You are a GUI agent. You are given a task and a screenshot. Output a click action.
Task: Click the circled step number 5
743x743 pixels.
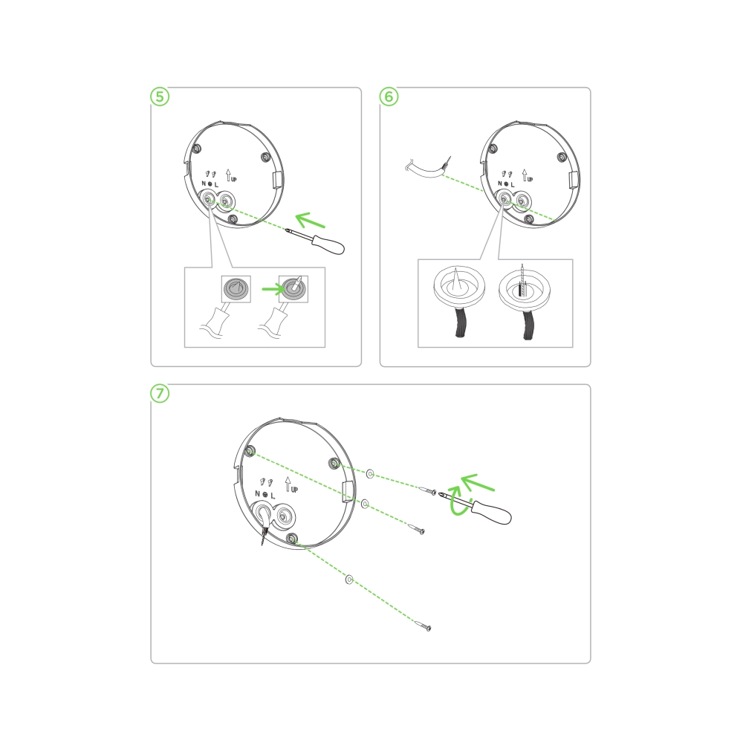[x=160, y=97]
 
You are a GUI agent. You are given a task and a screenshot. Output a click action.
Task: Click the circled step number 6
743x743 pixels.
[x=389, y=97]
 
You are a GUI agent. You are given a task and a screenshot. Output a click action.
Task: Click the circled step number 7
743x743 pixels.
[x=160, y=394]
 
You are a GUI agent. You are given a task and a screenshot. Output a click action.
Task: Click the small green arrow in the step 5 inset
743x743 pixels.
[x=273, y=288]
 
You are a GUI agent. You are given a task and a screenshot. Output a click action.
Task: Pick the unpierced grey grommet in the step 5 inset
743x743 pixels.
[x=236, y=288]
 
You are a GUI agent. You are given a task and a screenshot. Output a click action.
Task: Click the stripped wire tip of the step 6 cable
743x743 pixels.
[x=447, y=163]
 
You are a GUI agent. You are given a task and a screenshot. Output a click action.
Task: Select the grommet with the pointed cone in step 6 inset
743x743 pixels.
[x=459, y=286]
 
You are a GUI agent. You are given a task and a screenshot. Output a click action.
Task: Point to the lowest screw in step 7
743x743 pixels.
[x=424, y=625]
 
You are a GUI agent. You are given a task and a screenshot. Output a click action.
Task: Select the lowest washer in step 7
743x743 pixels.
[x=349, y=580]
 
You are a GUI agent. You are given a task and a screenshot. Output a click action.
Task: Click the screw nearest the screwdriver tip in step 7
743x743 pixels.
[x=428, y=491]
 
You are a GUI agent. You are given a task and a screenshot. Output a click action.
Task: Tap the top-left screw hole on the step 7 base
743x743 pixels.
[x=250, y=451]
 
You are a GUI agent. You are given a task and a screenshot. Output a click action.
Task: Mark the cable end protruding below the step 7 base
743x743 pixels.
[x=264, y=537]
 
